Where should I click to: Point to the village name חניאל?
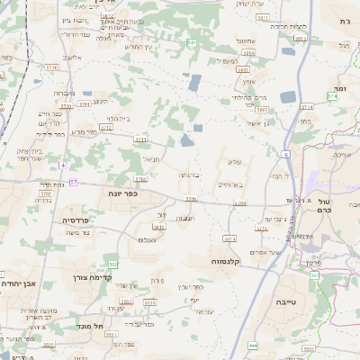[149, 158]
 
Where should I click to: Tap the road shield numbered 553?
[112, 264]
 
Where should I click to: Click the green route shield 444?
[254, 345]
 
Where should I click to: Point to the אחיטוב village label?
[246, 40]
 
